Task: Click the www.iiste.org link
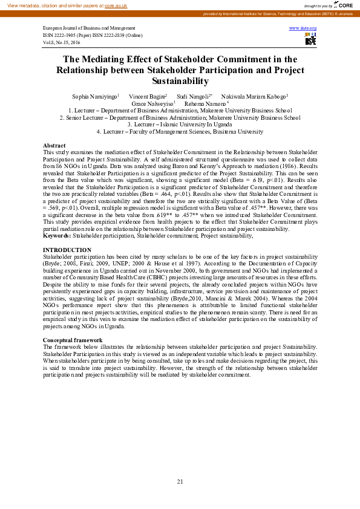pos(304,28)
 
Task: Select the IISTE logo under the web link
pos(310,39)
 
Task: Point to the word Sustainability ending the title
pos(180,81)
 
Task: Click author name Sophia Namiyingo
pos(94,97)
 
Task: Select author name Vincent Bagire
pos(146,97)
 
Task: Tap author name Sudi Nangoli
pos(192,97)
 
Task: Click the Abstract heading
pos(54,146)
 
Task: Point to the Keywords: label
pos(57,236)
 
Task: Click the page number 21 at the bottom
pos(180,481)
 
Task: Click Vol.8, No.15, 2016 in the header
pos(62,43)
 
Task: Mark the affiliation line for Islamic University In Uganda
pos(180,125)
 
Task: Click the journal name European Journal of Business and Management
pos(89,28)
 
